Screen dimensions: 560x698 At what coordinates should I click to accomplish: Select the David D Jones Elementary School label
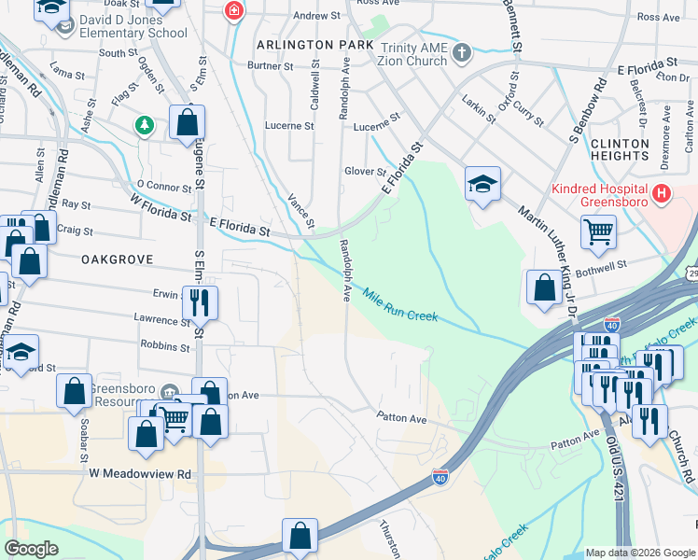coord(133,26)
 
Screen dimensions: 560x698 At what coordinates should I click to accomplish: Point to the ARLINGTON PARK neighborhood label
coord(315,45)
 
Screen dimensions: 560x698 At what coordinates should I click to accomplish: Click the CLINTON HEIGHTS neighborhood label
coord(620,150)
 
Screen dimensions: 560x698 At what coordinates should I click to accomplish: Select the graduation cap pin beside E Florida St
coord(482,184)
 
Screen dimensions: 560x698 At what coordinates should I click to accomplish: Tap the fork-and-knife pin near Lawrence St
coord(199,301)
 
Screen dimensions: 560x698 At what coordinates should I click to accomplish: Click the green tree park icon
coord(144,125)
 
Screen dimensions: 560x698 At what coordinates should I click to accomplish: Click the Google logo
coord(31,548)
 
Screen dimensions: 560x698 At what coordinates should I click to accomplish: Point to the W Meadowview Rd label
coord(140,474)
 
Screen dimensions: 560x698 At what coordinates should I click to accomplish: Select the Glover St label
coord(365,172)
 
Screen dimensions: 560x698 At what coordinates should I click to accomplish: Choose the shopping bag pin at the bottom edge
coord(300,535)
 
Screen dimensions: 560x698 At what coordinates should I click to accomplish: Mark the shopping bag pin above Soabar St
coord(74,391)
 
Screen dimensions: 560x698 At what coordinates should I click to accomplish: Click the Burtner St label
coord(270,66)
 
